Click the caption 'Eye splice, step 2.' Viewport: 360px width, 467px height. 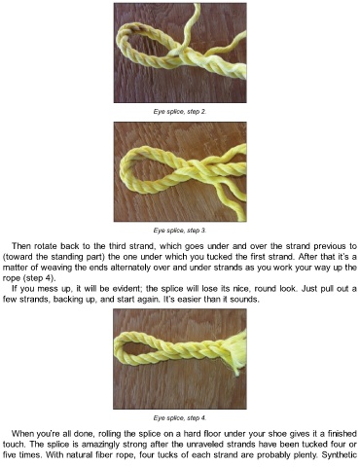(180, 112)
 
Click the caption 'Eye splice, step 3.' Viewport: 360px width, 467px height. (180, 231)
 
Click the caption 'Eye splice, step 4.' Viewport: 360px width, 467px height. (180, 418)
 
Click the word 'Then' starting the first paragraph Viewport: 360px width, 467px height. (21, 246)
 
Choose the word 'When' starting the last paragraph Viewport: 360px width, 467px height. (22, 434)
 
